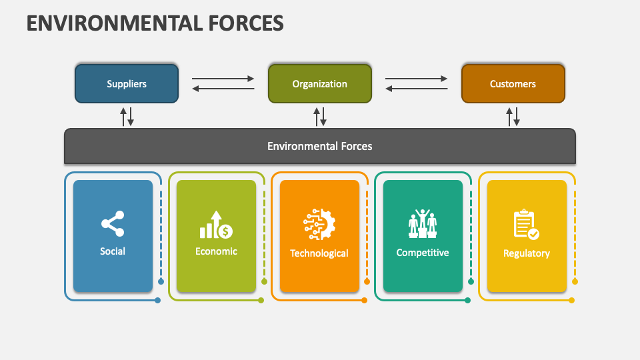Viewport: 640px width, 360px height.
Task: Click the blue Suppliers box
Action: click(x=127, y=84)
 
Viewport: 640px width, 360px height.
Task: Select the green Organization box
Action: click(x=320, y=84)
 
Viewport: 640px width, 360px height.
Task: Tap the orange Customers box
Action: click(x=513, y=84)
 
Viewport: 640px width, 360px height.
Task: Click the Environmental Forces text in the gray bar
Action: click(x=320, y=146)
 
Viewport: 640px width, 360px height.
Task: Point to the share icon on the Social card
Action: click(x=113, y=224)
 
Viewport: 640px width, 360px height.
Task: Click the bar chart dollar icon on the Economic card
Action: click(x=216, y=225)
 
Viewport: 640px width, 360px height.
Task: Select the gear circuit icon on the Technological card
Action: click(x=319, y=225)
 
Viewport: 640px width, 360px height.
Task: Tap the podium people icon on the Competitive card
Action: click(x=423, y=224)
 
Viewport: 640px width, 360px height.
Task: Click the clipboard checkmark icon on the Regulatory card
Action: click(x=526, y=225)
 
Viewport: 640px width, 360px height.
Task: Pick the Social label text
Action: click(x=113, y=251)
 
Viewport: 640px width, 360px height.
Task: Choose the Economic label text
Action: click(x=216, y=251)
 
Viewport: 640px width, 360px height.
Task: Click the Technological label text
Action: click(x=319, y=253)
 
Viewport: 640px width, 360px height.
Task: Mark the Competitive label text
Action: click(x=423, y=253)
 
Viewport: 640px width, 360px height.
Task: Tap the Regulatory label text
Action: click(x=526, y=253)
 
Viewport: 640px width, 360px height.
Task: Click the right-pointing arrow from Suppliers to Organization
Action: click(x=223, y=79)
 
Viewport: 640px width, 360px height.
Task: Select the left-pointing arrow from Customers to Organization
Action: click(x=417, y=89)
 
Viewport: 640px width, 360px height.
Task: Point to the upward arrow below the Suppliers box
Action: click(x=123, y=117)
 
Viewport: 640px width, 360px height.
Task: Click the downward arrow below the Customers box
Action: click(x=517, y=117)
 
